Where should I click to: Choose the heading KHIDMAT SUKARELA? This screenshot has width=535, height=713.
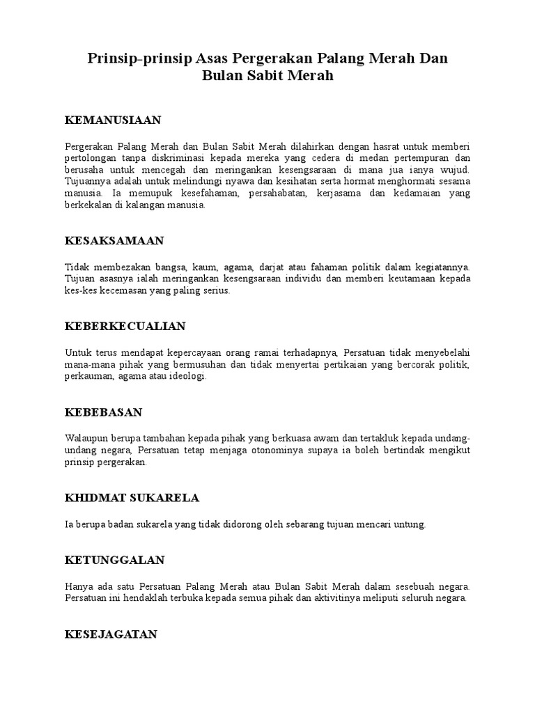tap(132, 498)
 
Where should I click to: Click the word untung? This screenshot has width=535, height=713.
tap(408, 524)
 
